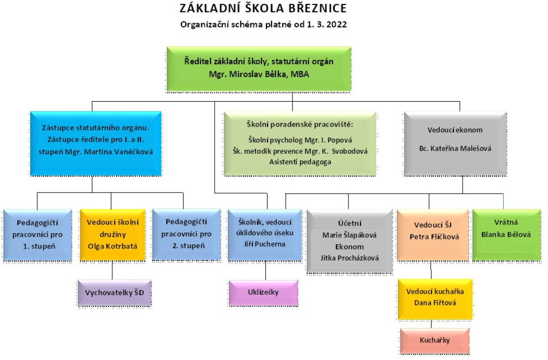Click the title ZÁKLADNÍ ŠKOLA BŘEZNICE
point(263,8)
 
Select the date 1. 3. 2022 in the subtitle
point(327,25)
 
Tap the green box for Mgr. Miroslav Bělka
point(259,69)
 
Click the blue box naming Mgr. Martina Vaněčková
point(95,143)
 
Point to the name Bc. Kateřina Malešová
point(455,148)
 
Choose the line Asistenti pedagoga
point(300,162)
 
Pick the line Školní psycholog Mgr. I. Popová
point(300,140)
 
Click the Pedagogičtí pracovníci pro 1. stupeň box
point(37,235)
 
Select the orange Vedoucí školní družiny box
point(112,235)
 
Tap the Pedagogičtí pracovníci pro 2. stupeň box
point(186,234)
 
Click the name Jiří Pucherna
point(264,244)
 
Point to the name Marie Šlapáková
point(349,235)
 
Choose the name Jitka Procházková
point(350,258)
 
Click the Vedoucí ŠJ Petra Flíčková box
point(433,235)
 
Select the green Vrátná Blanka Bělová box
point(506,235)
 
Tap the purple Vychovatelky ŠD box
point(115,293)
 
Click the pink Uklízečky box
point(263,293)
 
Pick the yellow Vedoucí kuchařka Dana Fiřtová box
point(435,299)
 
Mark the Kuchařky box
point(435,341)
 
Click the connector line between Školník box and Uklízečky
point(265,271)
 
